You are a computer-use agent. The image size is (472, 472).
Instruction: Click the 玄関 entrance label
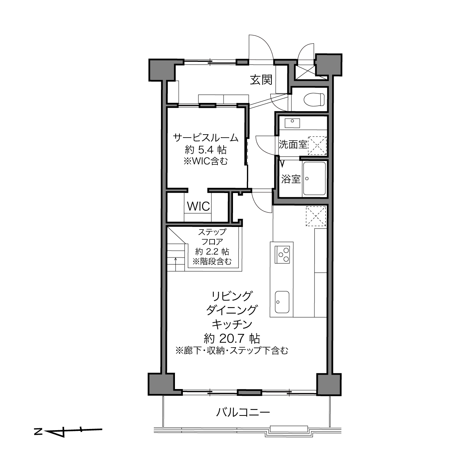point(261,80)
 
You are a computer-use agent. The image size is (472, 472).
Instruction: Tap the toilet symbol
point(314,100)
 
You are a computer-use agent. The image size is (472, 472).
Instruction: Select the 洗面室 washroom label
point(293,144)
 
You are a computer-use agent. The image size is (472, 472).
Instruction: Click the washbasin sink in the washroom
point(292,123)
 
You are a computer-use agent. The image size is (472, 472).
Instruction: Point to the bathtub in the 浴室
point(314,179)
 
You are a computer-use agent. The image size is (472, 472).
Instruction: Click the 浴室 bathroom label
point(291,179)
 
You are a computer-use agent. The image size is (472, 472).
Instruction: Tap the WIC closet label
point(198,206)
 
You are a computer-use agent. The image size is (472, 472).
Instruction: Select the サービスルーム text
point(206,138)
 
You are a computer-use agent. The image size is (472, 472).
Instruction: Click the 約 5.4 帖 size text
point(206,149)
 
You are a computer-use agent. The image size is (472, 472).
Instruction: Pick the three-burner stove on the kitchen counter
point(282,254)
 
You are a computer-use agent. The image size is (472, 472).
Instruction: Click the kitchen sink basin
point(282,302)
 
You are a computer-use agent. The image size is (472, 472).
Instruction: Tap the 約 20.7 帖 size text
point(232,339)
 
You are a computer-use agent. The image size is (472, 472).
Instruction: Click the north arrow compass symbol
point(68,431)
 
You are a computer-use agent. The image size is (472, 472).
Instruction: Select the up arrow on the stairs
point(176,264)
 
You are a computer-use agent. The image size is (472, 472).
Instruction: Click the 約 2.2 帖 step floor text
point(212,251)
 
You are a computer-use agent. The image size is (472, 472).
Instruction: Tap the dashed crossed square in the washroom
point(317,146)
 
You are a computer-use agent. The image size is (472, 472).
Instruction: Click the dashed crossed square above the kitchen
point(316,216)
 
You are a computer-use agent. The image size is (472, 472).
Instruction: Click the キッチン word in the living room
point(232,324)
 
